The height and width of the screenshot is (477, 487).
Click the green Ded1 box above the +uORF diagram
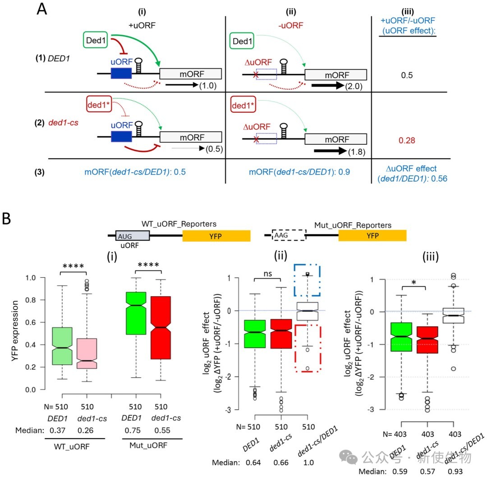point(95,40)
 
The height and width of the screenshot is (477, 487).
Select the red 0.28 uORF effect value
point(407,140)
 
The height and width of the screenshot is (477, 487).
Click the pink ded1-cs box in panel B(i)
point(87,353)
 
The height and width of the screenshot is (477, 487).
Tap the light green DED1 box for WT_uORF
point(62,346)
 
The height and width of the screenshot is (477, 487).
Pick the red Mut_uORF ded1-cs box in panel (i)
point(161,328)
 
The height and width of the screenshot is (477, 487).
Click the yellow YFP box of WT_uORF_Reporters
point(216,236)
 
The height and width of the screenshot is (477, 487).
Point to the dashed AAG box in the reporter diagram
point(289,235)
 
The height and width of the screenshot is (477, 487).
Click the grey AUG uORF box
point(132,236)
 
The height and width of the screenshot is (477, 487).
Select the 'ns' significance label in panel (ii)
point(268,274)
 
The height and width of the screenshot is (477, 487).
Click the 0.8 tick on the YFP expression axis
point(31,300)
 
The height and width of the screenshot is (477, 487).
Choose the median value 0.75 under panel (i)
point(133,431)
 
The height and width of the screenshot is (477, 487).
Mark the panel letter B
point(6,218)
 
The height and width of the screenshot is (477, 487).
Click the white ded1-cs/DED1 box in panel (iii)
point(454,316)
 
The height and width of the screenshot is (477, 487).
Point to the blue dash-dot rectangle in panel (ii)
point(294,280)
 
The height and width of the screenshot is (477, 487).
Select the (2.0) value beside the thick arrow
point(354,86)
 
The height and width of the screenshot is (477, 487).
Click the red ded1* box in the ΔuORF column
point(243,105)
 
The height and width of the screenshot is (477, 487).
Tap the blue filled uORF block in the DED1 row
point(121,73)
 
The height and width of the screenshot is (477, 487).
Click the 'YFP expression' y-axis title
point(14,331)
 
